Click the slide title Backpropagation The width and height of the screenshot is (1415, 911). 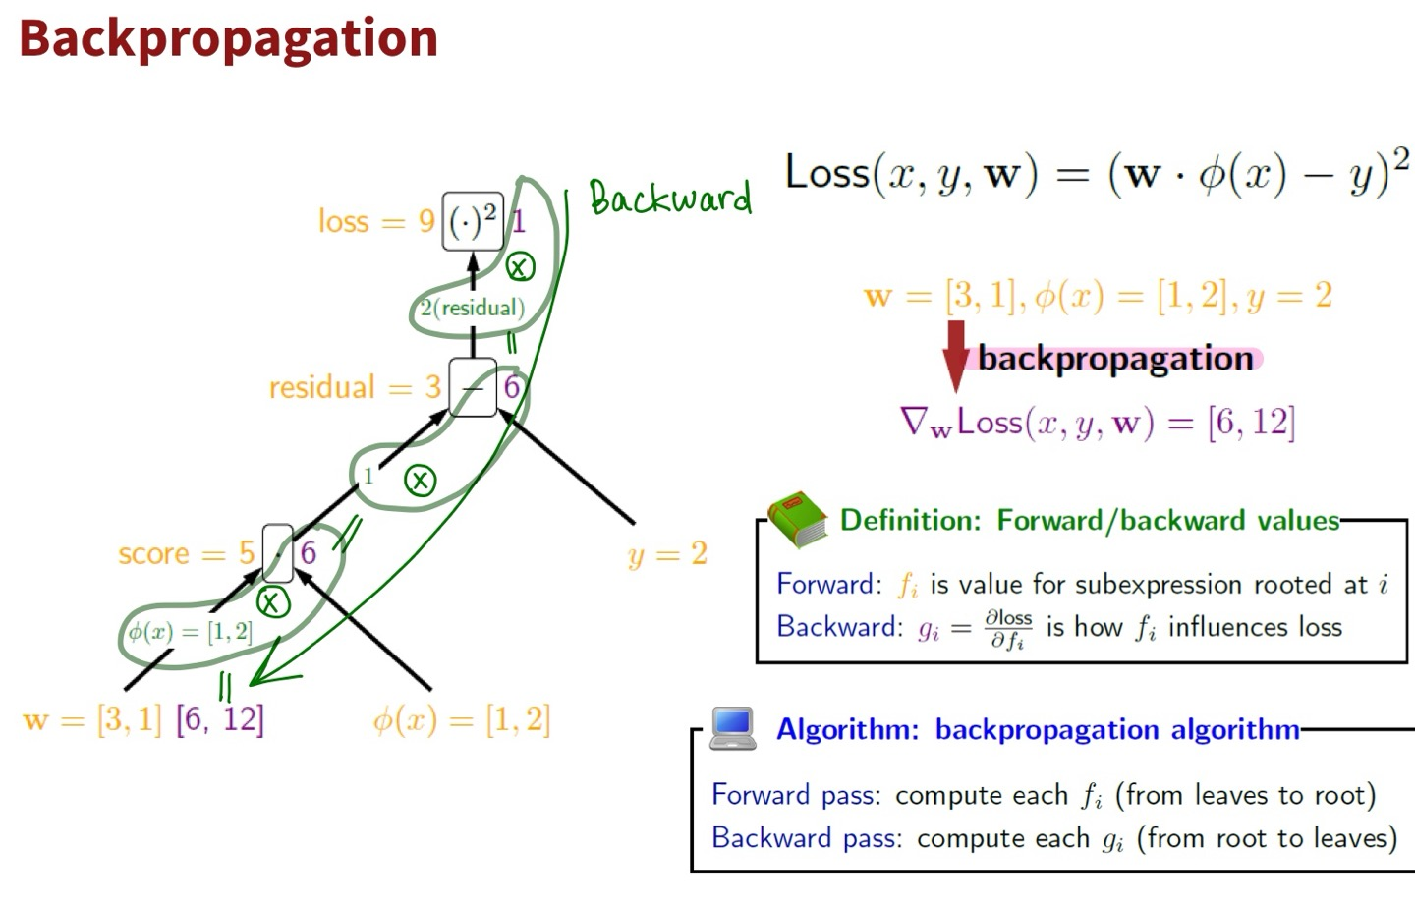[228, 39]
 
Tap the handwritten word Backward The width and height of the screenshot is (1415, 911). [670, 198]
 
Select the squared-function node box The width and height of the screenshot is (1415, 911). [472, 221]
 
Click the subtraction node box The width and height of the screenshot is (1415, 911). [473, 387]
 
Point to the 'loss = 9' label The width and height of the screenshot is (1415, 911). [375, 221]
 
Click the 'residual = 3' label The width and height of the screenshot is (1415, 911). [355, 387]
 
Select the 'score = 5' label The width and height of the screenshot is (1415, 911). [186, 553]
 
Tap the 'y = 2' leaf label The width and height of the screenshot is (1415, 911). [667, 553]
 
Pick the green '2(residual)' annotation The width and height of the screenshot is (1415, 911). [472, 308]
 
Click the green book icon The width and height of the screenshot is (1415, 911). [797, 518]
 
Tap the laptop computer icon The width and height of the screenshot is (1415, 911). [733, 728]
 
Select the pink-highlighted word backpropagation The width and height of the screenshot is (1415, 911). [1115, 358]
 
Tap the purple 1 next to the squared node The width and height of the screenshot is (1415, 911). [518, 221]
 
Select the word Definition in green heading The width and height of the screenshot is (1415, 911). [910, 520]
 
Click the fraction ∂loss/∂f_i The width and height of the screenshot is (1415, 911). [1008, 628]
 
